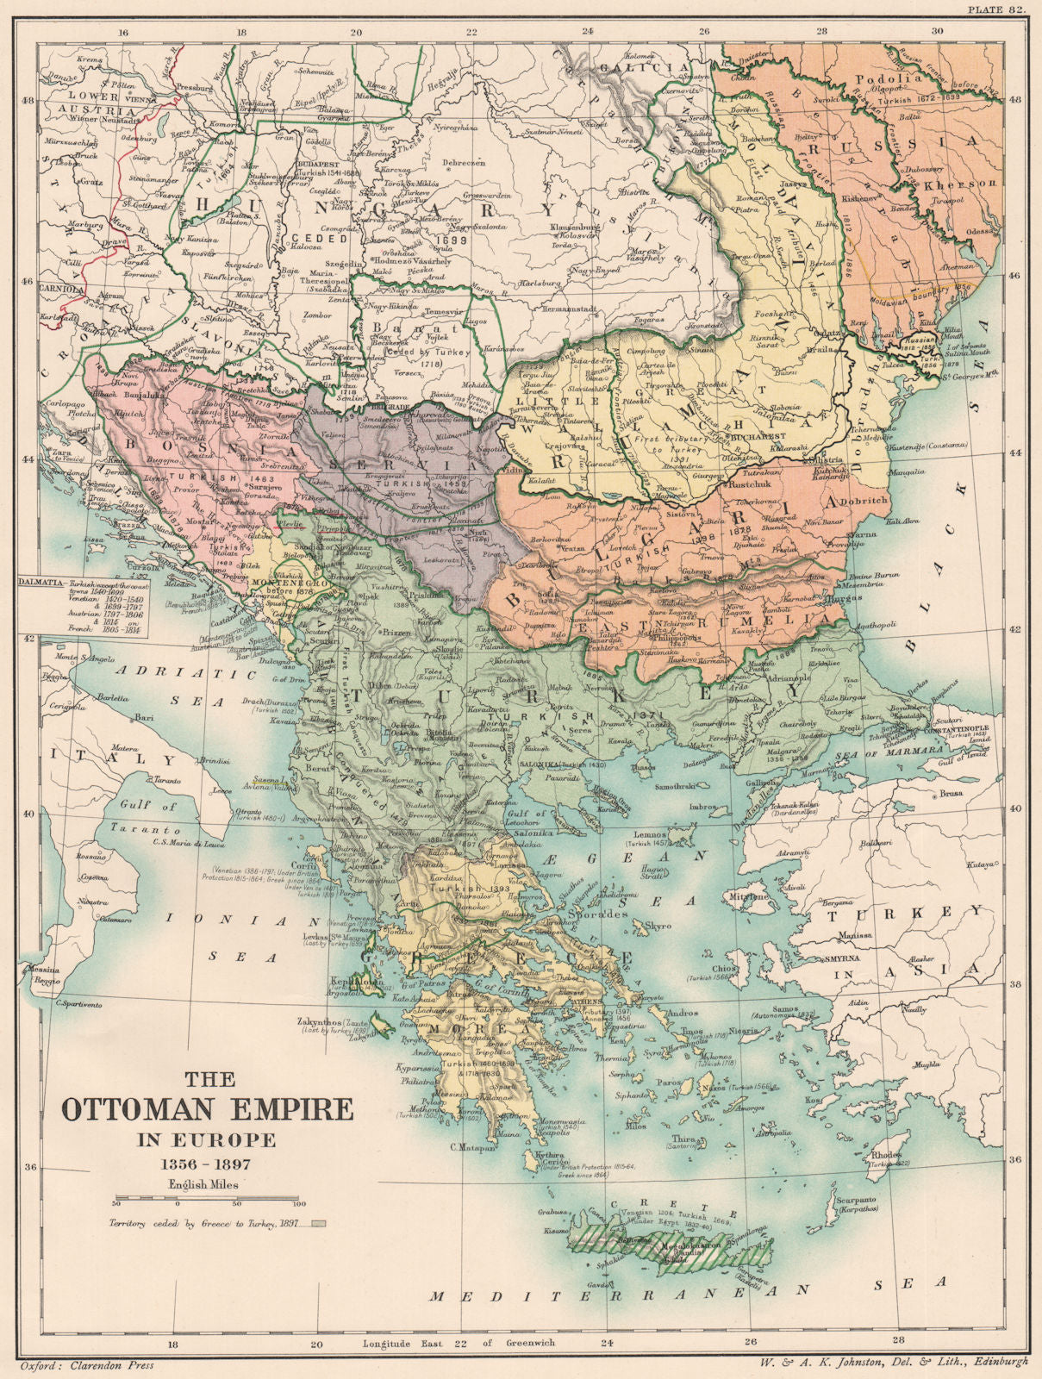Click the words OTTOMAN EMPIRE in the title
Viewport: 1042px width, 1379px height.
tap(207, 1108)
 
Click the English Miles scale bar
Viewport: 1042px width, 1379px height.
tap(207, 1199)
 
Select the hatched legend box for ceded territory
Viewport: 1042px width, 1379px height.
tap(319, 1222)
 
